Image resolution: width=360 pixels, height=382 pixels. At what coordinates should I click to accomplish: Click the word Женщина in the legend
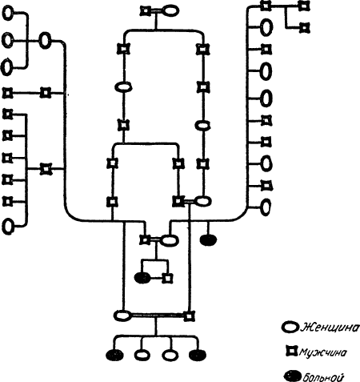[329, 328]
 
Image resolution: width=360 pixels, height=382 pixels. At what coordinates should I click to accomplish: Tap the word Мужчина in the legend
[323, 352]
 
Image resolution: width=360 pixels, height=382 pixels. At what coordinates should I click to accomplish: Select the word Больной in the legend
[322, 377]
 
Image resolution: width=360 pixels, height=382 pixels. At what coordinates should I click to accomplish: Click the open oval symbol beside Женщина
[290, 328]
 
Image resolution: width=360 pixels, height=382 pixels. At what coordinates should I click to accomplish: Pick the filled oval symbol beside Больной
[293, 376]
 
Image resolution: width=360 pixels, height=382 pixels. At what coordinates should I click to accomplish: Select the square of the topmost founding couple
[146, 11]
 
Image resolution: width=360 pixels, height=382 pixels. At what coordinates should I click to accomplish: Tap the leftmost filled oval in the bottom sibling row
[115, 355]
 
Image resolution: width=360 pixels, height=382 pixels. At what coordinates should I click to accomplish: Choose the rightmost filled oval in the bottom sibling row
[198, 355]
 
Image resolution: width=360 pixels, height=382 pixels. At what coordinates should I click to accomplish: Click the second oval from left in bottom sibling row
[142, 355]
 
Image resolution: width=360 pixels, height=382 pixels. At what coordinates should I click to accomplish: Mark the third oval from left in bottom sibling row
[170, 355]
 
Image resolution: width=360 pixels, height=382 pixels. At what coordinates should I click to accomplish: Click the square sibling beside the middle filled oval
[168, 279]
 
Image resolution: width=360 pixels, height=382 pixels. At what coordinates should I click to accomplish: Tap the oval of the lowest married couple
[122, 316]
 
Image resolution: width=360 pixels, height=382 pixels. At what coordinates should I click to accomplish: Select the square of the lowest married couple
[189, 316]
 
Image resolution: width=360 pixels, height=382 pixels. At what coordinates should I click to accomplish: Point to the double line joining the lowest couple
[158, 316]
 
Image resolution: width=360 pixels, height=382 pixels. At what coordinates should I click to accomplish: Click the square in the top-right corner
[304, 6]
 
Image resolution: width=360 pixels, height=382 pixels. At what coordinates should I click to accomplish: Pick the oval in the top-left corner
[8, 13]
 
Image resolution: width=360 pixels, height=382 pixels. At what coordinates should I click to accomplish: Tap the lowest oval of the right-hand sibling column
[266, 207]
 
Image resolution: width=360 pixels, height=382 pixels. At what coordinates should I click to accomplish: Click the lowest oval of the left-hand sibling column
[8, 227]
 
